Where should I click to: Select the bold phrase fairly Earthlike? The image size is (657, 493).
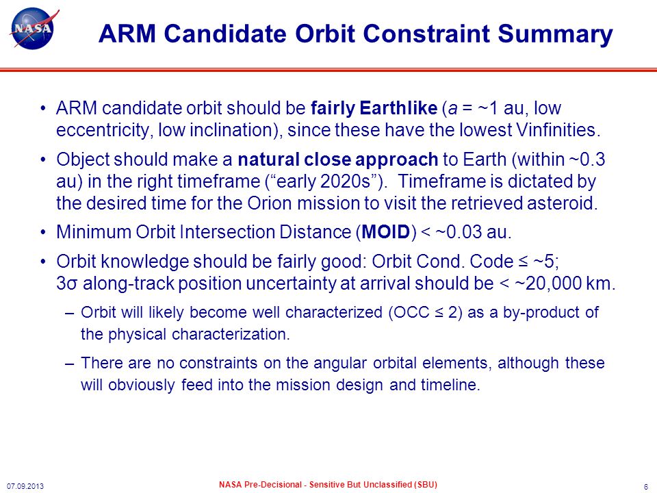374,108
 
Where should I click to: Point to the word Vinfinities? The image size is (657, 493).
556,129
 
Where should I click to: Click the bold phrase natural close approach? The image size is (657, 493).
337,160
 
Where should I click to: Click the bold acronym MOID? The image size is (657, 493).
385,232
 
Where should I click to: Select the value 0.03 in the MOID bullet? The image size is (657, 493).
464,232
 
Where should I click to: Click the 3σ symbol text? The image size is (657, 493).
66,283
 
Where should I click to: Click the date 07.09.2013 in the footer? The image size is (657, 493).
25,486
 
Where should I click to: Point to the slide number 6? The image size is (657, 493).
645,486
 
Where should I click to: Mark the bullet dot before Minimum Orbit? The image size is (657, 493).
43,232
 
